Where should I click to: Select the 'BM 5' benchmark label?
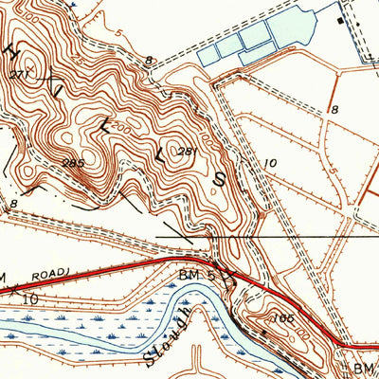(x=193, y=273)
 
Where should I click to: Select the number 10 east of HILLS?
(x=270, y=163)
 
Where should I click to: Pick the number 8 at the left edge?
(x=14, y=203)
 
